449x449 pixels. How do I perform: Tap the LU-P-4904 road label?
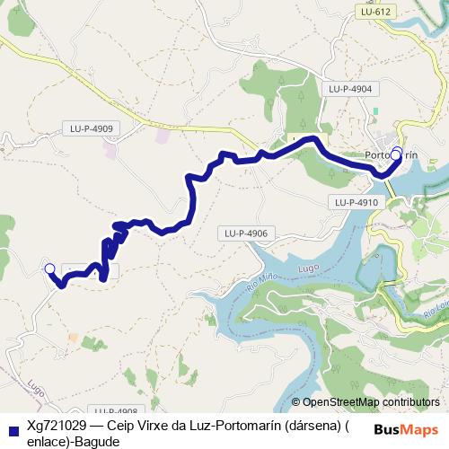[x=350, y=89]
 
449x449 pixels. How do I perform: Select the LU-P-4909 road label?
[x=92, y=128]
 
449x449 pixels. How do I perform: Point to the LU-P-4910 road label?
[x=357, y=203]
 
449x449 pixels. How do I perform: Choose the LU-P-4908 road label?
[x=115, y=410]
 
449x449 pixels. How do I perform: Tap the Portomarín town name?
[x=392, y=154]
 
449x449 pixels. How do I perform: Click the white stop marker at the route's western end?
[x=49, y=269]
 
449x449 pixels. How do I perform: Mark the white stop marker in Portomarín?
[x=396, y=154]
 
